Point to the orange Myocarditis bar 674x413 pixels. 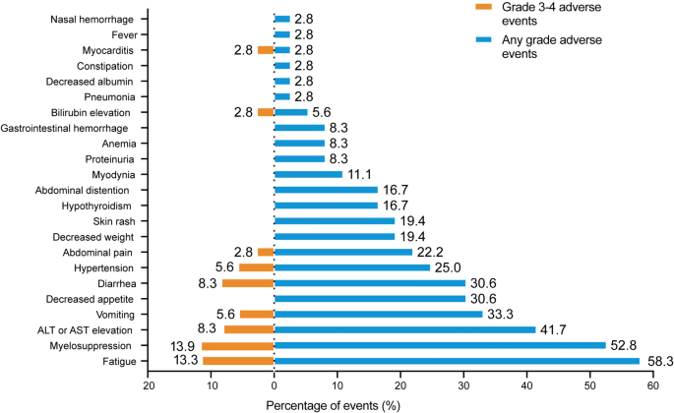click(x=266, y=50)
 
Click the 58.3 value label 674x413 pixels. click(x=658, y=362)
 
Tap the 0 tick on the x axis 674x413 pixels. click(x=275, y=385)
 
